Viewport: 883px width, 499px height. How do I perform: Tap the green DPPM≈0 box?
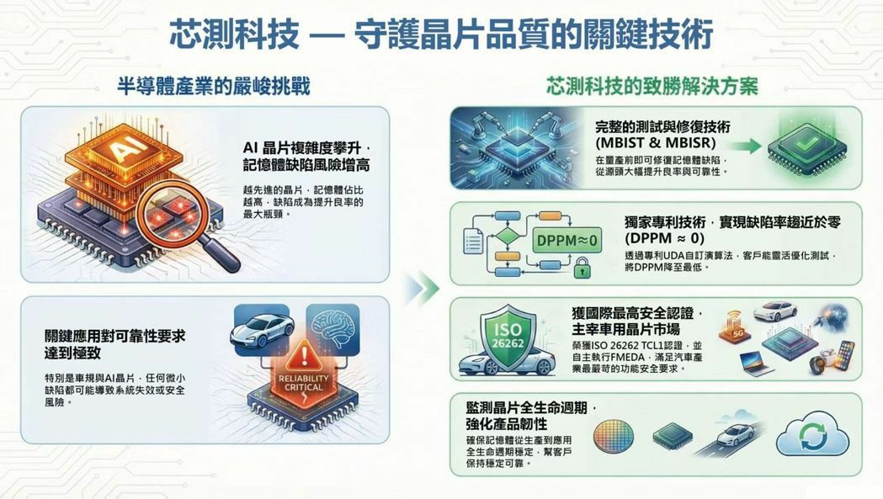tap(567, 241)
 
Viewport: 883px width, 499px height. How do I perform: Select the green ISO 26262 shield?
tap(508, 336)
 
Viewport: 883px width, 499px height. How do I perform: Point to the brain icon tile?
tap(332, 330)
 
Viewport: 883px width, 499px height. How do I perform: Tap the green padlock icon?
tap(582, 268)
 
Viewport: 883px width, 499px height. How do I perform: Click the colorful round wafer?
tap(614, 438)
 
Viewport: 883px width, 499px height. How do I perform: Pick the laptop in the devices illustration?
tap(756, 364)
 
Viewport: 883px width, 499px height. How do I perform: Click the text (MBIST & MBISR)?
tap(656, 142)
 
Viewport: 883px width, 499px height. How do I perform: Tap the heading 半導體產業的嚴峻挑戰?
tap(214, 86)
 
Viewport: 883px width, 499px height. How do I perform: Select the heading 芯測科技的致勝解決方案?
tap(652, 86)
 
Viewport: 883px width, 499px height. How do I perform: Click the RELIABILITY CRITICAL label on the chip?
tap(304, 382)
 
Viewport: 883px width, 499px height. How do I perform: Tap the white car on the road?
tap(734, 434)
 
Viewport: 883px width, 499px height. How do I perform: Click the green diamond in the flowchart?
tap(508, 236)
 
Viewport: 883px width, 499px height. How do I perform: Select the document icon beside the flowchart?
tap(473, 242)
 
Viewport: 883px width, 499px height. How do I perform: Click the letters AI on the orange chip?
tap(122, 150)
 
